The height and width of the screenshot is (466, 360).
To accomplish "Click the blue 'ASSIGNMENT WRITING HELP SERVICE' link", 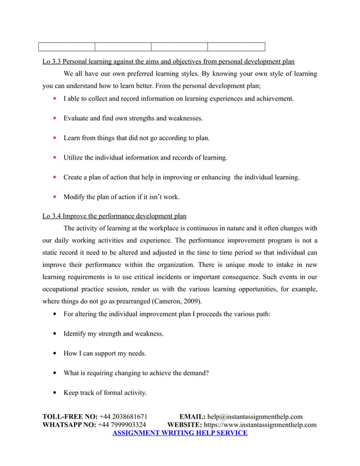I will click(180, 433).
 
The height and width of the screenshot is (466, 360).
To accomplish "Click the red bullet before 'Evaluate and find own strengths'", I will click(54, 118).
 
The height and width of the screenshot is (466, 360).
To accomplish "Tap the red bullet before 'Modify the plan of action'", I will click(54, 197).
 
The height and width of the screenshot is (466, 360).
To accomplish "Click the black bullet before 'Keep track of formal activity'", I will click(54, 393).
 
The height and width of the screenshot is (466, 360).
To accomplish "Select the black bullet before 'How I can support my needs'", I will click(54, 353).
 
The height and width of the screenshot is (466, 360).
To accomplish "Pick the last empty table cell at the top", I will click(236, 47).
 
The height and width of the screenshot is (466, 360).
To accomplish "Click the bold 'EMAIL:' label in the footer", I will click(192, 417).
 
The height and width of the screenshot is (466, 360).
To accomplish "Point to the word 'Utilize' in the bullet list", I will click(74, 157).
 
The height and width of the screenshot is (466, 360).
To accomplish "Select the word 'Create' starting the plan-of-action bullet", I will click(73, 177).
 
